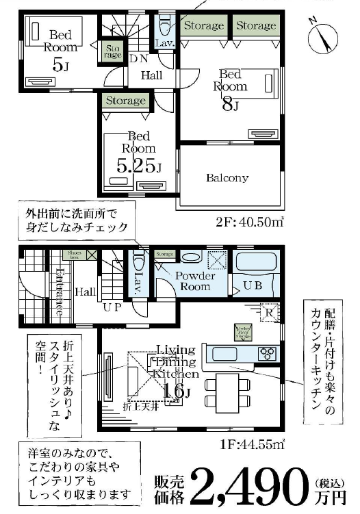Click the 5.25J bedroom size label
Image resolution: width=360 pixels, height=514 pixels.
click(139, 166)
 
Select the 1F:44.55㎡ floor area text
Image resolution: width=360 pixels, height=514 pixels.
click(255, 445)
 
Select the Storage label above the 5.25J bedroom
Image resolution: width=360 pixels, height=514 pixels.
click(126, 101)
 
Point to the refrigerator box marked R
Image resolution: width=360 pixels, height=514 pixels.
click(269, 312)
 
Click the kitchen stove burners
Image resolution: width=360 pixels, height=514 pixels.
click(267, 353)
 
